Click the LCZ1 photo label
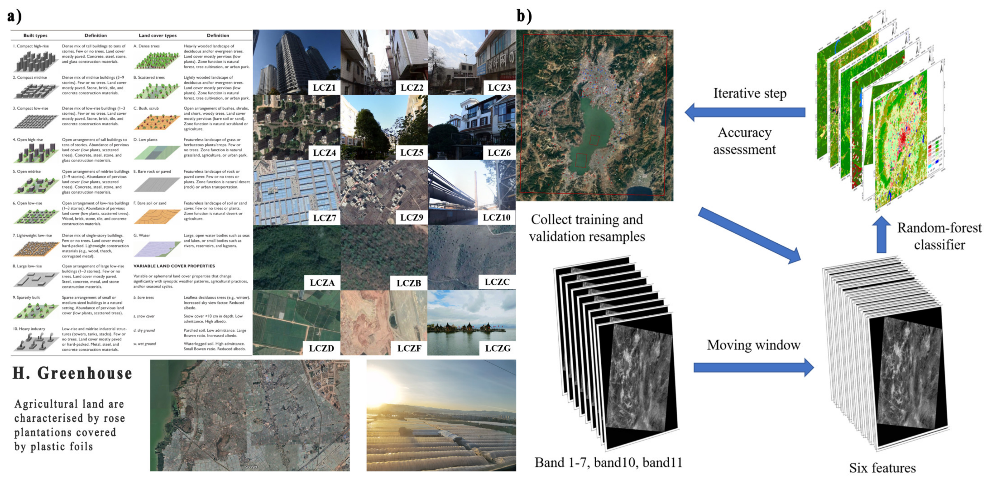(x=324, y=88)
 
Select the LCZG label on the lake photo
(x=498, y=348)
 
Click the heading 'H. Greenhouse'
(x=72, y=373)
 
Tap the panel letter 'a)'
(x=14, y=16)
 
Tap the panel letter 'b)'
(x=524, y=16)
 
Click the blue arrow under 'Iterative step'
(x=745, y=112)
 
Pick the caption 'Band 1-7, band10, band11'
(x=608, y=462)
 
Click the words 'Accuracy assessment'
(x=744, y=141)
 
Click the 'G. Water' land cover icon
(x=157, y=249)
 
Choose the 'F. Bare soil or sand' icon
(x=157, y=217)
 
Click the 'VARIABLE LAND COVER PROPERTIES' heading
(x=174, y=266)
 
